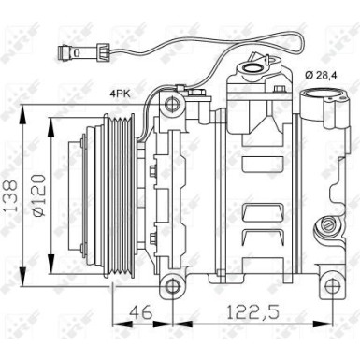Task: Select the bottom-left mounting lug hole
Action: [x=169, y=286]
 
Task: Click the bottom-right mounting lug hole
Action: [x=331, y=286]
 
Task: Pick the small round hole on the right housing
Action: [x=326, y=224]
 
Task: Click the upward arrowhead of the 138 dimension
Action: [x=24, y=119]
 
